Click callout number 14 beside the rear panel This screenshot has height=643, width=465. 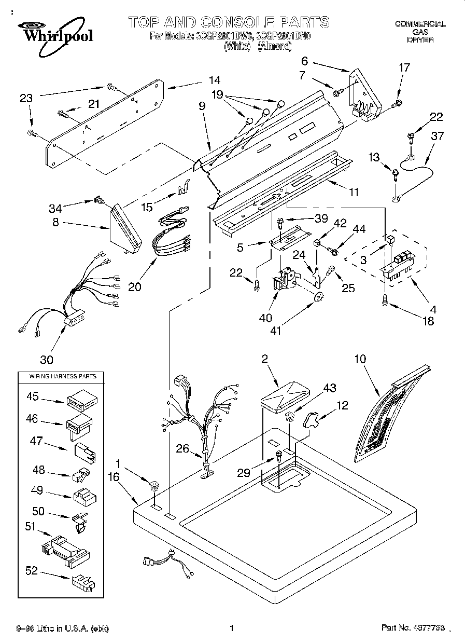(214, 80)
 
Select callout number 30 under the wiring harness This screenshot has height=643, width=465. (47, 359)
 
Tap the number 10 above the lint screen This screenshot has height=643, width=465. (360, 358)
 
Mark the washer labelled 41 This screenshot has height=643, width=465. (319, 297)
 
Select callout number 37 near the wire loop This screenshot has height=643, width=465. (438, 136)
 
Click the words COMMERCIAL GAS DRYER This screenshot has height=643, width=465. (420, 31)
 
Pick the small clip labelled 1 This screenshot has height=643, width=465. (153, 486)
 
